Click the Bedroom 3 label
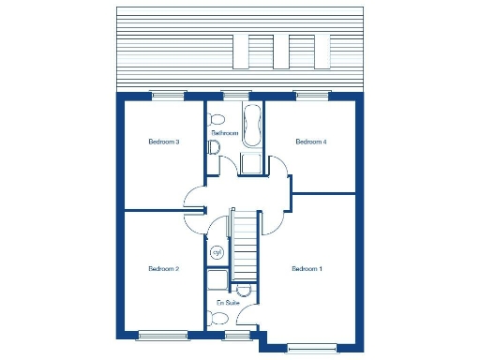tap(164, 142)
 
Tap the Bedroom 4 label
tap(310, 142)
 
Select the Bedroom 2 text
tap(163, 269)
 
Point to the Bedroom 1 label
tap(307, 269)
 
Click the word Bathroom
tap(225, 134)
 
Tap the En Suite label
tap(228, 303)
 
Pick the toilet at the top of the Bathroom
tap(217, 119)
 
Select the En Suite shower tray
tap(217, 281)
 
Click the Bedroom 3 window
tap(169, 94)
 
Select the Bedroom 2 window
tap(163, 335)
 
